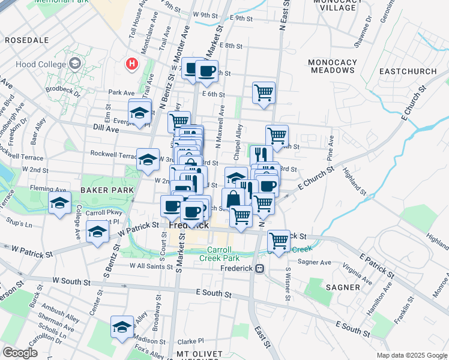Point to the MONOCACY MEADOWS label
(x=331, y=66)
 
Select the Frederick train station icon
(x=260, y=268)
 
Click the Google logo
(x=20, y=353)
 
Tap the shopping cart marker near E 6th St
(x=264, y=93)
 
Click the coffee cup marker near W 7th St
(x=206, y=71)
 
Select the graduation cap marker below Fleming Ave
(x=59, y=203)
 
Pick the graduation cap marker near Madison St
(x=122, y=327)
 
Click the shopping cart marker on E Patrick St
(x=279, y=241)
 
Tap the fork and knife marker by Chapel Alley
(x=260, y=154)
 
